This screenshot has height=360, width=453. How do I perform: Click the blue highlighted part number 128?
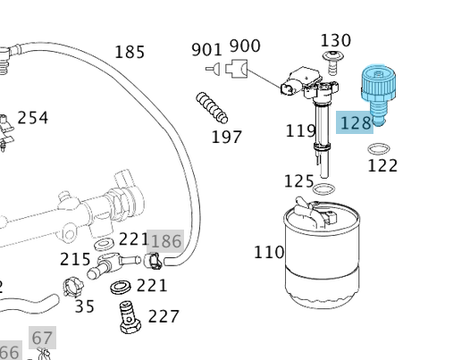[x=355, y=123]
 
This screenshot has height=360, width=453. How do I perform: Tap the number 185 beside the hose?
[x=130, y=52]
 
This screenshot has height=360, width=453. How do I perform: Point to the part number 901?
[x=206, y=48]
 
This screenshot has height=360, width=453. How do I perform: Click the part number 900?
[x=245, y=46]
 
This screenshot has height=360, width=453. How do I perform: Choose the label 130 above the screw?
[x=335, y=40]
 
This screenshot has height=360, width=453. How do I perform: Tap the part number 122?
[x=382, y=165]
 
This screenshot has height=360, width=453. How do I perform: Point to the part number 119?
[x=300, y=131]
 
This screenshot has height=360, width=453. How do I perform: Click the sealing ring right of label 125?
[x=326, y=189]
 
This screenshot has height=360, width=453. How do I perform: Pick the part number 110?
[x=268, y=252]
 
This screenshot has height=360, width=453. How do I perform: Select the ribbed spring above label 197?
[x=213, y=107]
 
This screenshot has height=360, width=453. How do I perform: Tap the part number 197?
[x=226, y=137]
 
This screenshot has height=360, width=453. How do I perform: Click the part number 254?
[x=33, y=118]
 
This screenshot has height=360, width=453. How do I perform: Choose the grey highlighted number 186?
[x=165, y=241]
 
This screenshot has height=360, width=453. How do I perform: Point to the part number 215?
[x=75, y=259]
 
